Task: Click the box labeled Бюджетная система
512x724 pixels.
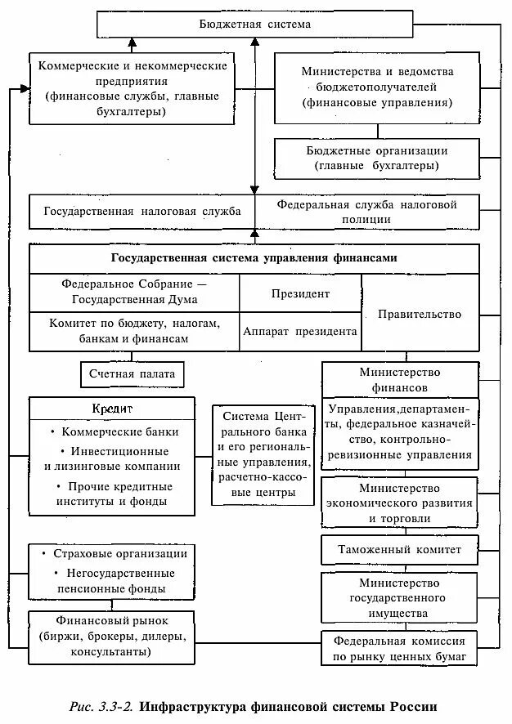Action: pyautogui.click(x=254, y=25)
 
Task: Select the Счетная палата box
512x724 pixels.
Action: pyautogui.click(x=132, y=374)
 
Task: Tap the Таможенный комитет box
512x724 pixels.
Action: pyautogui.click(x=399, y=550)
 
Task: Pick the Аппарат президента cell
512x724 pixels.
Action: pyautogui.click(x=300, y=332)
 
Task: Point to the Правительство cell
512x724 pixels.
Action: pyautogui.click(x=420, y=314)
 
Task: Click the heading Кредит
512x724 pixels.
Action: pyautogui.click(x=113, y=408)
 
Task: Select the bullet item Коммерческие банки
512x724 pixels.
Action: pyautogui.click(x=115, y=431)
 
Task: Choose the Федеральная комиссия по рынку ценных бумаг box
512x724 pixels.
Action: pyautogui.click(x=399, y=649)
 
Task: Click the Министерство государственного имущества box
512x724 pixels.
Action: pyautogui.click(x=399, y=597)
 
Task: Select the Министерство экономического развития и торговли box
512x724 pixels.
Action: pyautogui.click(x=399, y=503)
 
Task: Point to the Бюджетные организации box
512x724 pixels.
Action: pyautogui.click(x=377, y=158)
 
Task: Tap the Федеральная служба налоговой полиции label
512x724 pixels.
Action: pyautogui.click(x=366, y=211)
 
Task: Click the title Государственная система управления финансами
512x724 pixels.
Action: pyautogui.click(x=254, y=257)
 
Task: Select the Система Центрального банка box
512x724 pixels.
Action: pyautogui.click(x=263, y=454)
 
